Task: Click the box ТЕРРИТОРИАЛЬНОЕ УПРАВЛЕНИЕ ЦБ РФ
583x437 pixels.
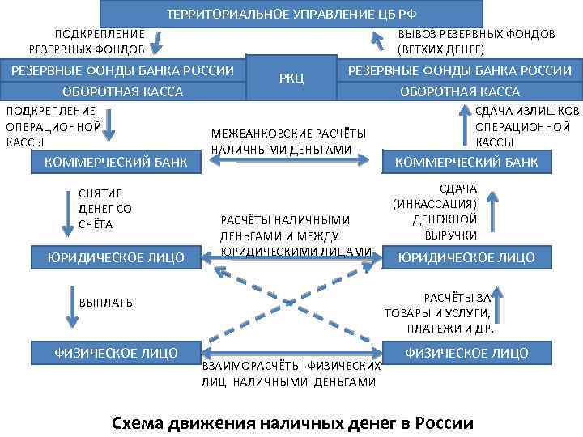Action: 291,14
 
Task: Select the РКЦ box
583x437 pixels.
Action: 291,78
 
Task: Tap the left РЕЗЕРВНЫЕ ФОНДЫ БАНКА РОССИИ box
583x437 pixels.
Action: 122,70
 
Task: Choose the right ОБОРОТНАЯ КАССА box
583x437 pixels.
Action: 460,91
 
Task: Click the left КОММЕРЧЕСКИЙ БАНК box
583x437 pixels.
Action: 115,162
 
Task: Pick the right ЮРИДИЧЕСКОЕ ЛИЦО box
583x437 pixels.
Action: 466,257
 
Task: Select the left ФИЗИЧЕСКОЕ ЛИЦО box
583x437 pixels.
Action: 115,352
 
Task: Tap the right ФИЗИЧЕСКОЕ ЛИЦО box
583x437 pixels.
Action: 466,353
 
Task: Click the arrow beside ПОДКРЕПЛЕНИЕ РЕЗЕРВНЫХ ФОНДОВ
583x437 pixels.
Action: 160,41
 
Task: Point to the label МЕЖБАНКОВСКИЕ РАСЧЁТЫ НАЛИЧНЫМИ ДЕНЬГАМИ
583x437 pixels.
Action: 287,141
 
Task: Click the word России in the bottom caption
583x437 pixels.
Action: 442,422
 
